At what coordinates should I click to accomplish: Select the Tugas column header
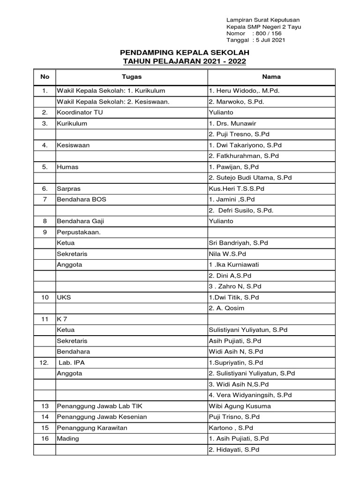[131, 76]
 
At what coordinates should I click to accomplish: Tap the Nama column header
[271, 76]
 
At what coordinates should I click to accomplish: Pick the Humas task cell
[67, 167]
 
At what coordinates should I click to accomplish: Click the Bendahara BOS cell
[82, 199]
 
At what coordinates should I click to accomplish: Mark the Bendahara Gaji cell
[82, 221]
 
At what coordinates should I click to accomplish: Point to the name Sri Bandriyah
[238, 243]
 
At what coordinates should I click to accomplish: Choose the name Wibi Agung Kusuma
[240, 406]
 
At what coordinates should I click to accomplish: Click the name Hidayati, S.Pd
[234, 450]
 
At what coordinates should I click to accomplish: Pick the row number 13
[45, 406]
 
